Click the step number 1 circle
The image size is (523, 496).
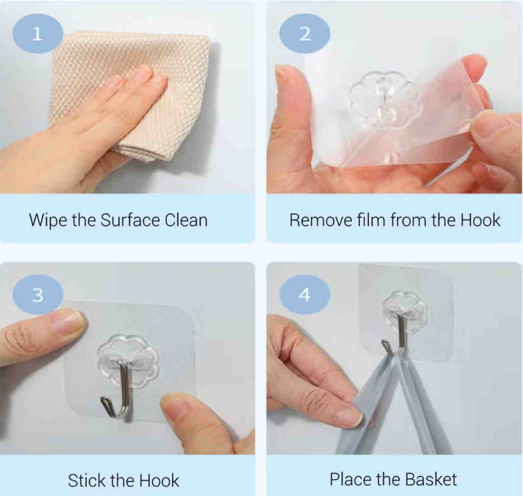click(38, 34)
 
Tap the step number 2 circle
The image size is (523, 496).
click(305, 34)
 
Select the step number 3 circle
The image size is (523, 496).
click(38, 295)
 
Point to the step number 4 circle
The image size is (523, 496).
click(305, 295)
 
